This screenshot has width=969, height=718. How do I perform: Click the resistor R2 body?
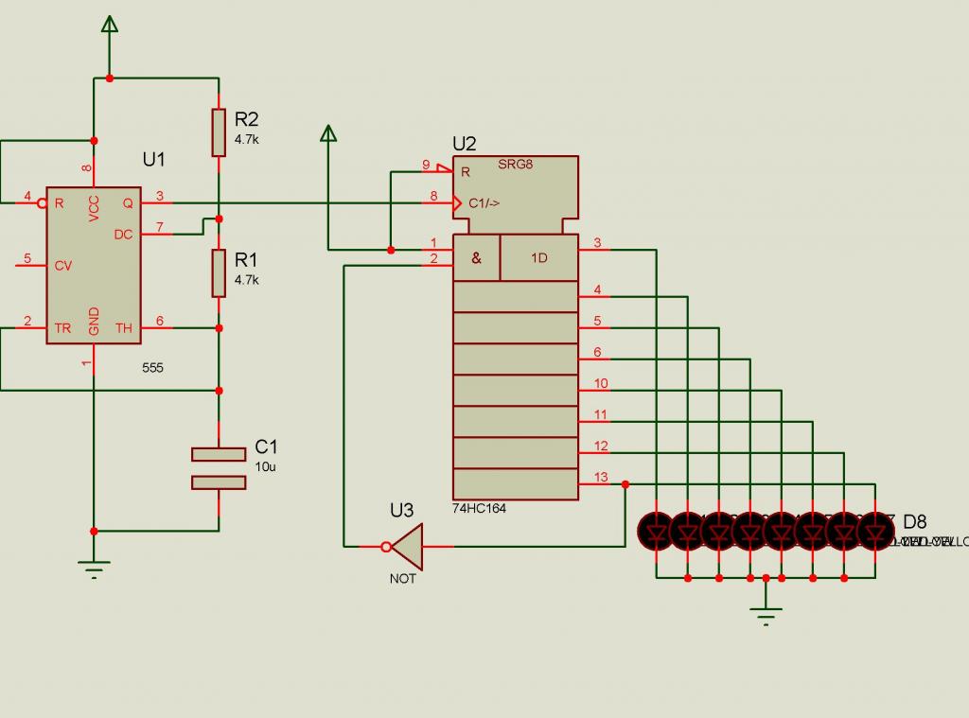tap(219, 131)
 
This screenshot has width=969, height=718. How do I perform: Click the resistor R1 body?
tap(219, 272)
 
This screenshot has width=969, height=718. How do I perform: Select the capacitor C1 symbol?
tap(219, 468)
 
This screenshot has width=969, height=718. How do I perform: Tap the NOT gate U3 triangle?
tap(407, 546)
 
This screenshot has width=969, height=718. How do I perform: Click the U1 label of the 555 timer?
tap(154, 159)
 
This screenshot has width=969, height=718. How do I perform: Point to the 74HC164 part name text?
tap(479, 509)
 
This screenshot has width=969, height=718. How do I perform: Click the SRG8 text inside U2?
tap(516, 165)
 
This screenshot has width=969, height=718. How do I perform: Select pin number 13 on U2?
tap(601, 477)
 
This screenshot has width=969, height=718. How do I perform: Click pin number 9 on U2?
tap(426, 165)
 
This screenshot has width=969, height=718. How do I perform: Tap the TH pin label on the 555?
tap(124, 329)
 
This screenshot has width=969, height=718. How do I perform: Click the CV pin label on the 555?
tap(62, 266)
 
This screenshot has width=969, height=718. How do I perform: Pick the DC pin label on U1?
tap(123, 234)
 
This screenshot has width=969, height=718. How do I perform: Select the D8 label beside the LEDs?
tap(915, 521)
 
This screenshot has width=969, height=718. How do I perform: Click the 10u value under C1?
tap(266, 466)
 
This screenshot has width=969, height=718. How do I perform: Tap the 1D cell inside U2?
tap(538, 257)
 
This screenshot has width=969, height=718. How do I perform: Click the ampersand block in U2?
tap(476, 257)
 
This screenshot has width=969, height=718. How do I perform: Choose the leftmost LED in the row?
tap(656, 531)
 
